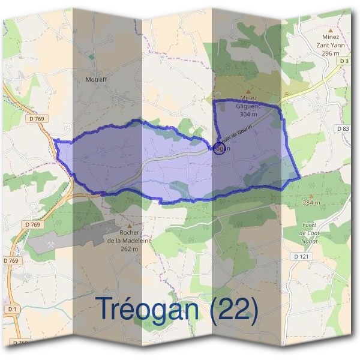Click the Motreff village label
pos(96,79)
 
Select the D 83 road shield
pos(343,128)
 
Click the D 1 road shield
pos(11,308)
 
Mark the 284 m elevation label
pos(311,203)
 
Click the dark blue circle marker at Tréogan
pos(219,148)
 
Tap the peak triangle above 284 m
pos(311,196)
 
